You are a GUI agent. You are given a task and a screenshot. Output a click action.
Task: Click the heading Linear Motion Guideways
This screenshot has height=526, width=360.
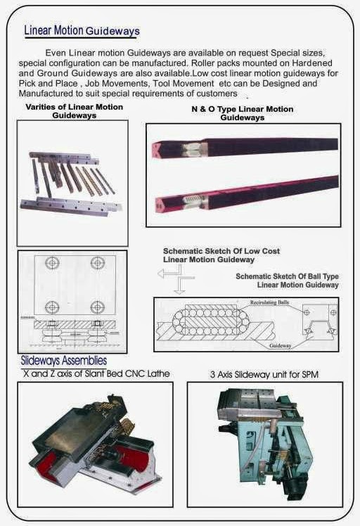click(82, 31)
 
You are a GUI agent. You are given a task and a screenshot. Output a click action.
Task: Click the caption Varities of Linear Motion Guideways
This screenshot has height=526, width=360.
click(74, 110)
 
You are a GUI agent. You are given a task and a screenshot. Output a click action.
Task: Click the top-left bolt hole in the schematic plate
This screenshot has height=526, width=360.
click(51, 264)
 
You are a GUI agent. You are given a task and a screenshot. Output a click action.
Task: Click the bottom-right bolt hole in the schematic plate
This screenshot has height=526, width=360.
click(97, 307)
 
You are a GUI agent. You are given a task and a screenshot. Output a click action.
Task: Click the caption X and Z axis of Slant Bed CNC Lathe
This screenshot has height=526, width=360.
click(96, 373)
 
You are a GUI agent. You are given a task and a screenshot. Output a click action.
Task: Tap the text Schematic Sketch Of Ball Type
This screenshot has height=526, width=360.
click(287, 276)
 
